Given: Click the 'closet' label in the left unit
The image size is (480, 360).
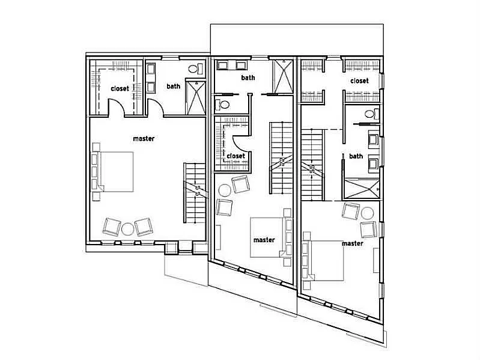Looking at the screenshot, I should [120, 88].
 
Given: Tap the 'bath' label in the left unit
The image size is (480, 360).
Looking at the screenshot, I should [174, 86].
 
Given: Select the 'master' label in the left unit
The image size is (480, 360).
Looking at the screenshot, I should [144, 139].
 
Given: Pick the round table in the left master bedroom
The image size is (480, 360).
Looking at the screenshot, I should [127, 228].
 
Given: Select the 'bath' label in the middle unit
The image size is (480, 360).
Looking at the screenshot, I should [248, 78].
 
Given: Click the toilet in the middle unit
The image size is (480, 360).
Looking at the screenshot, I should [225, 105].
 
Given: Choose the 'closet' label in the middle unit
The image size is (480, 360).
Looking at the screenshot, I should [235, 156].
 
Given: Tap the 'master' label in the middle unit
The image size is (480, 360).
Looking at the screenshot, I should [264, 240].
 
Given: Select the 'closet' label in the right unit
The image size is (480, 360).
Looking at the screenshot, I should [359, 81].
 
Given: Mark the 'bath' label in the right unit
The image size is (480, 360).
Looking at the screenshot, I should [356, 156].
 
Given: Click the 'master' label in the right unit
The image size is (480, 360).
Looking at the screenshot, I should [352, 243].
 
